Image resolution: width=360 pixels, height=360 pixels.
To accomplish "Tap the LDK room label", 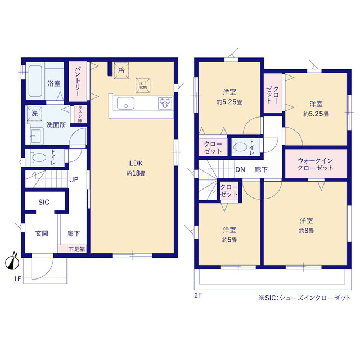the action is (x=136, y=163).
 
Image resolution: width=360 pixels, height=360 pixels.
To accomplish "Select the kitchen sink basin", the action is (x=125, y=103).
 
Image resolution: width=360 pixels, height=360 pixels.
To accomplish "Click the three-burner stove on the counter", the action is (x=165, y=103).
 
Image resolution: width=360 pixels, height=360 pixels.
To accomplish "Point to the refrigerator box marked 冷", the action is (x=121, y=70).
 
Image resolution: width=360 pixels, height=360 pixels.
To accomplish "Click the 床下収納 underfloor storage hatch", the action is (x=143, y=85).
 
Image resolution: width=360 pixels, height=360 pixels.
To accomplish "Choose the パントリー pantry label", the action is (x=78, y=82).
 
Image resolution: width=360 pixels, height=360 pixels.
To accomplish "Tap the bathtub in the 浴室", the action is (x=35, y=81).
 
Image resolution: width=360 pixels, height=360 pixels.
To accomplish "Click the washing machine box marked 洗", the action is (x=34, y=114).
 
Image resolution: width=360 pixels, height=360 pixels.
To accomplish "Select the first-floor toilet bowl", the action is (x=39, y=157).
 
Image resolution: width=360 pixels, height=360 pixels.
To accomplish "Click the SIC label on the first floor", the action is (x=44, y=202).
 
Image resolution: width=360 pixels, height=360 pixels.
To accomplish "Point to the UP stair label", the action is (x=74, y=179).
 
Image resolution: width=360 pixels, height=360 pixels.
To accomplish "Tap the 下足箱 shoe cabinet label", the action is (x=77, y=249).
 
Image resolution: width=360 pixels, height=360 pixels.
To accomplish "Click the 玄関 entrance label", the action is (x=42, y=233).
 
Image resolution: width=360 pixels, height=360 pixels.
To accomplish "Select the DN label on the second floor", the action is (x=240, y=170).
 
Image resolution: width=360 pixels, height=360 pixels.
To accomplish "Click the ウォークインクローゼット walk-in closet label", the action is (x=315, y=164).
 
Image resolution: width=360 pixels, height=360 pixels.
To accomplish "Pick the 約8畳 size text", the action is (x=307, y=231).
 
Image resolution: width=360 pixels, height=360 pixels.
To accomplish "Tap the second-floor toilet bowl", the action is (x=240, y=147).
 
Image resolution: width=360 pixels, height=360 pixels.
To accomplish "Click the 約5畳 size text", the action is (x=229, y=240).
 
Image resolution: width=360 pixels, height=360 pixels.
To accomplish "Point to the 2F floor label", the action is (x=198, y=295).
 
